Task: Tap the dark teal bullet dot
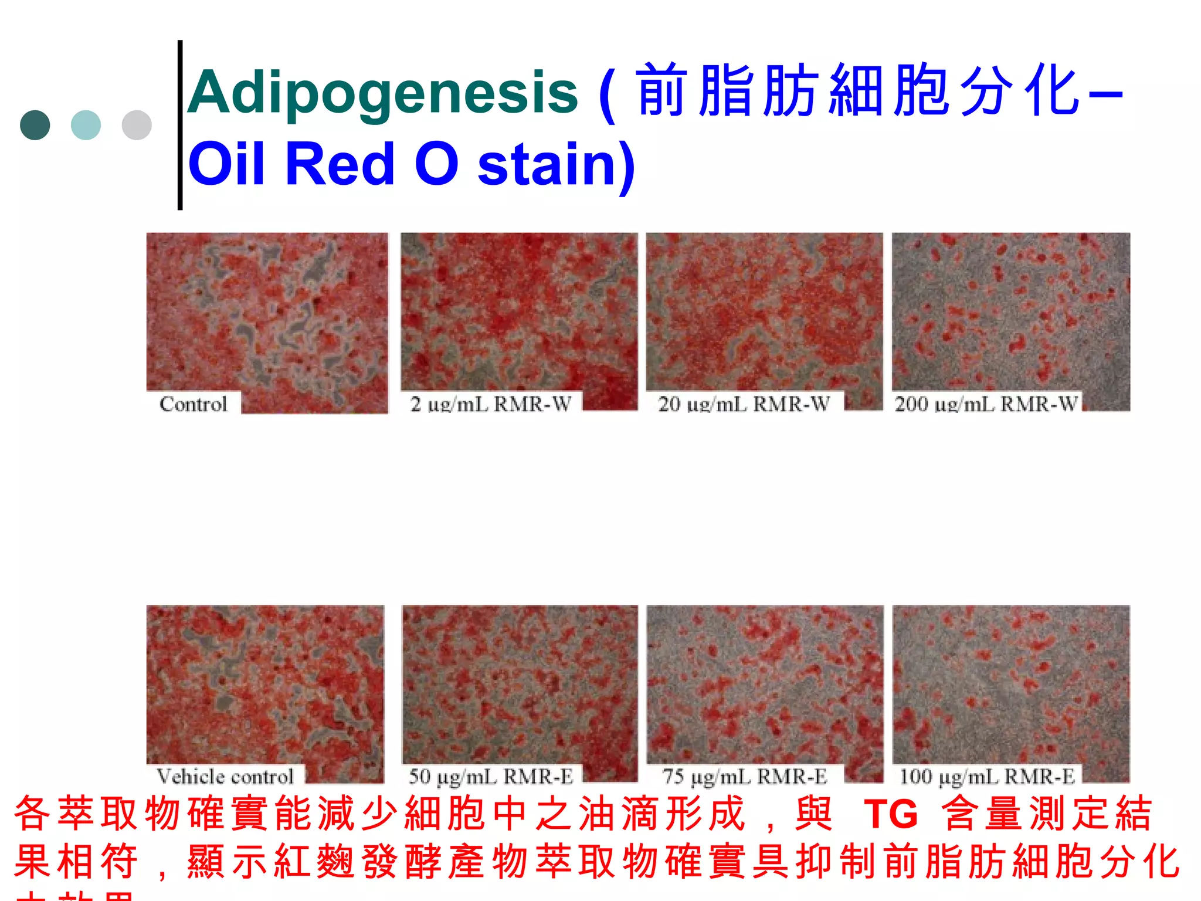pyautogui.click(x=35, y=125)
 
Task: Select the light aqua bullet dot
pyautogui.click(x=86, y=125)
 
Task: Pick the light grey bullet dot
pyautogui.click(x=137, y=125)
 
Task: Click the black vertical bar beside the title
pyautogui.click(x=180, y=124)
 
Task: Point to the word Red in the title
pyautogui.click(x=339, y=164)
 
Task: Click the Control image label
pyautogui.click(x=193, y=404)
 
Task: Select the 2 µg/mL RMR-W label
pyautogui.click(x=491, y=404)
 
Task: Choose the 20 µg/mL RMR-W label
pyautogui.click(x=744, y=404)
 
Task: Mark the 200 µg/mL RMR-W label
pyautogui.click(x=986, y=404)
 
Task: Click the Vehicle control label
pyautogui.click(x=225, y=776)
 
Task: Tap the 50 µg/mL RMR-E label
pyautogui.click(x=491, y=776)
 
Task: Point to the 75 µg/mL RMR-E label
pyautogui.click(x=744, y=776)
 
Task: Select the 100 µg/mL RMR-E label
pyautogui.click(x=987, y=776)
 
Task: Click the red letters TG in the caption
pyautogui.click(x=890, y=814)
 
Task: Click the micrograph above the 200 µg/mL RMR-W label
pyautogui.click(x=1010, y=311)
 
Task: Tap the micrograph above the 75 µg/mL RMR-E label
pyautogui.click(x=765, y=683)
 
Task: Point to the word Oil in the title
pyautogui.click(x=226, y=164)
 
